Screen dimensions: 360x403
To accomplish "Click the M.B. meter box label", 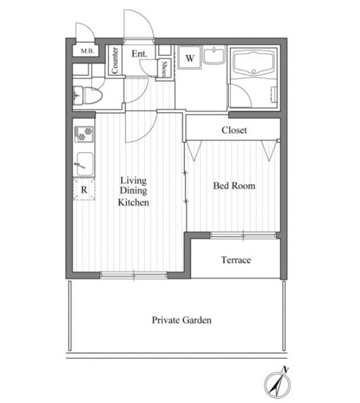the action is (87, 51).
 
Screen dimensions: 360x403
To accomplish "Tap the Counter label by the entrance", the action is (114, 60).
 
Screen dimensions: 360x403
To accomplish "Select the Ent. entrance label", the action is (140, 54).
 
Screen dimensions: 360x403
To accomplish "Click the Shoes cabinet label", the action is (164, 69).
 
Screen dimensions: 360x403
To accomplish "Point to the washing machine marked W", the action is (189, 58).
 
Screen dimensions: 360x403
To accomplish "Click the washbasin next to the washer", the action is (214, 55).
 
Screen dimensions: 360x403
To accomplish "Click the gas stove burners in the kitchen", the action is (84, 134).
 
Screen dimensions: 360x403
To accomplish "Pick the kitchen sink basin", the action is (85, 164).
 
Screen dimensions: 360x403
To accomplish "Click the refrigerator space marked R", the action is (84, 189).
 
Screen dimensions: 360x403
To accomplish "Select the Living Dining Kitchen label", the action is (133, 191).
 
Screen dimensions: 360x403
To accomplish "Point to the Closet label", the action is (234, 130).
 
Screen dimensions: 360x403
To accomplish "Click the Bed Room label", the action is (234, 185).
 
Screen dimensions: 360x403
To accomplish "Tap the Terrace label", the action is (236, 260).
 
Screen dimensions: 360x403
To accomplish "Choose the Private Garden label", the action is (182, 320).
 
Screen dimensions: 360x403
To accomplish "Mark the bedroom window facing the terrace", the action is (243, 235).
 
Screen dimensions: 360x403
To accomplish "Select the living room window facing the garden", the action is (134, 276).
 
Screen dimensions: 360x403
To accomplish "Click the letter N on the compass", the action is (285, 369).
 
